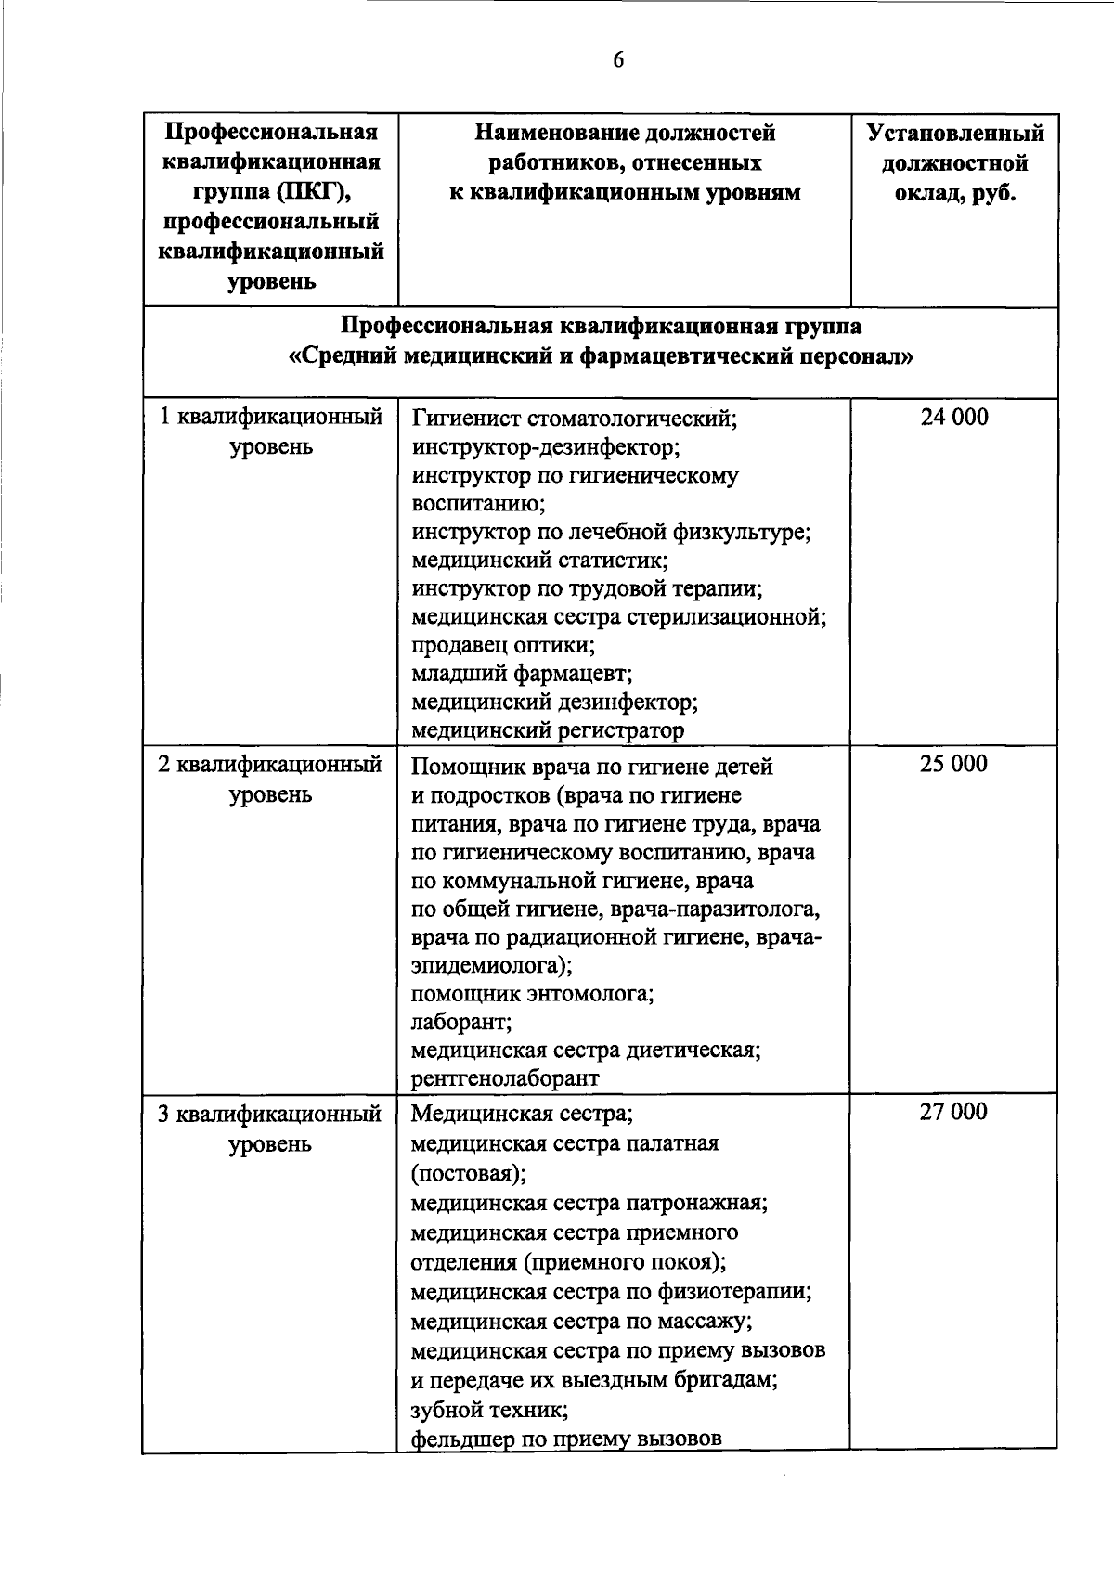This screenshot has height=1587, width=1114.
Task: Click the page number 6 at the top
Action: pyautogui.click(x=618, y=60)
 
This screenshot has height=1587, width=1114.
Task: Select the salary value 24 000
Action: pyautogui.click(x=953, y=418)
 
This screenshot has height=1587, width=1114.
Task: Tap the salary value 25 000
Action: pyautogui.click(x=953, y=765)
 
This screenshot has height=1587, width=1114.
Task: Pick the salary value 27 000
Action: pyautogui.click(x=953, y=1112)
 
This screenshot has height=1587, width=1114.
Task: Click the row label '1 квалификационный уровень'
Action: pyautogui.click(x=271, y=432)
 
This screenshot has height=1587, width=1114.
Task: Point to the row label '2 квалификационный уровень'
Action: pyautogui.click(x=270, y=780)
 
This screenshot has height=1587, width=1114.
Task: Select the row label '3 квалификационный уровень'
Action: pyautogui.click(x=270, y=1128)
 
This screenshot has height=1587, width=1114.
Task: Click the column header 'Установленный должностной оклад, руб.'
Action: pyautogui.click(x=954, y=163)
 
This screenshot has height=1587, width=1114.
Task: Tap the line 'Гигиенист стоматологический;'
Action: pyautogui.click(x=575, y=419)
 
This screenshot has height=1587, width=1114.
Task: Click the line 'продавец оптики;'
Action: pyautogui.click(x=503, y=645)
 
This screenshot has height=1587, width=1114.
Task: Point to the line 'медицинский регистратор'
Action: pyautogui.click(x=548, y=730)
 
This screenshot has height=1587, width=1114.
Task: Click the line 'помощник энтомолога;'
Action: pyautogui.click(x=533, y=994)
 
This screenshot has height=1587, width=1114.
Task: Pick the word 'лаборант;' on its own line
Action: pyautogui.click(x=461, y=1022)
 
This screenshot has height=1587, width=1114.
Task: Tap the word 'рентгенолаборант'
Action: pyautogui.click(x=505, y=1078)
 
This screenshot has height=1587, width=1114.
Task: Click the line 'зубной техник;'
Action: pyautogui.click(x=489, y=1410)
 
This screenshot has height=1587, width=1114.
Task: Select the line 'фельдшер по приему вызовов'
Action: pyautogui.click(x=566, y=1439)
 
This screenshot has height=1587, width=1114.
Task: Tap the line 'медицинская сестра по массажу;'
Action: pyautogui.click(x=581, y=1321)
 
